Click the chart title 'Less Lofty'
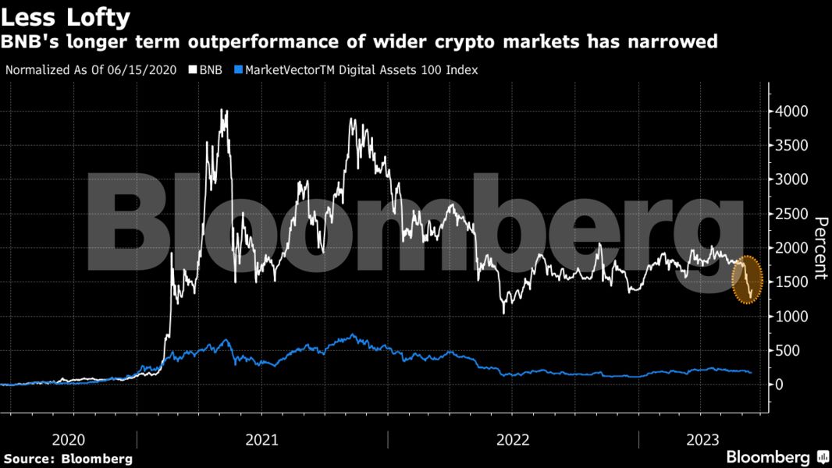(x=66, y=16)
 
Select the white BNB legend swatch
(x=193, y=70)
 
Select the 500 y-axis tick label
(x=787, y=350)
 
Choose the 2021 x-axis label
(x=262, y=440)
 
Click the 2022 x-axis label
(x=514, y=440)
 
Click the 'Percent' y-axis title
(x=820, y=247)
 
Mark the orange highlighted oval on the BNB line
(x=748, y=279)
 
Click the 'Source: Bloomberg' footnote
(x=69, y=459)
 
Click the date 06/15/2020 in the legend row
(x=149, y=70)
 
